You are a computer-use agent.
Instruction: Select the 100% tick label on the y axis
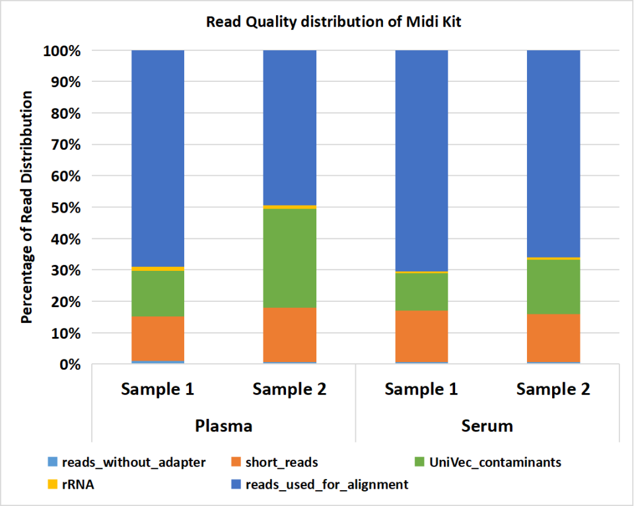(61, 51)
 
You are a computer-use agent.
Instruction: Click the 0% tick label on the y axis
(69, 365)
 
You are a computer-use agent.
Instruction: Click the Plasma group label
(223, 425)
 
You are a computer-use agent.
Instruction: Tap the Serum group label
(487, 425)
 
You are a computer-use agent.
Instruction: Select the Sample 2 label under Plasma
(289, 389)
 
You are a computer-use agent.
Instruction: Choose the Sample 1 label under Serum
(421, 389)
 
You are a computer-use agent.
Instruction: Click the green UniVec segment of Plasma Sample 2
(289, 258)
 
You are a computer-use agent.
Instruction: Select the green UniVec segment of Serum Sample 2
(553, 286)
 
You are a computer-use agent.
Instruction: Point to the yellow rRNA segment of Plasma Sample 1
(158, 269)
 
